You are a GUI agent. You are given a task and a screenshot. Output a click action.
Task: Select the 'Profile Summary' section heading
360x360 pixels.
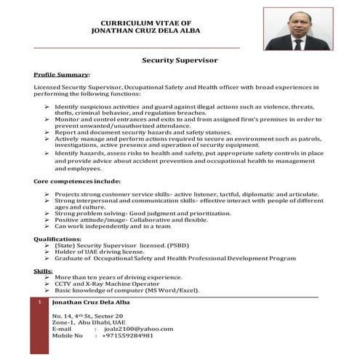pos(62,75)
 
